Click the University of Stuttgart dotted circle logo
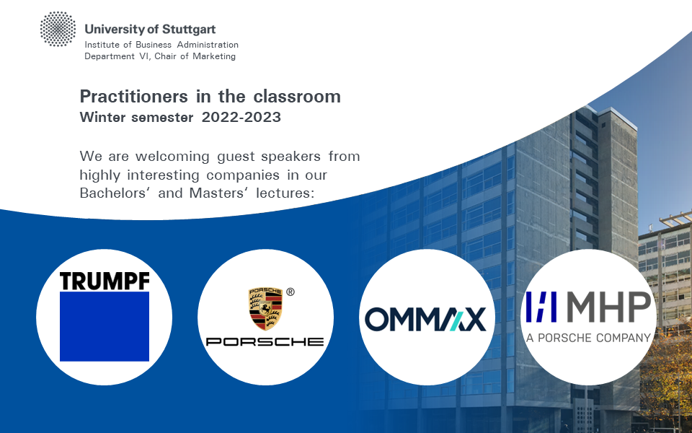[x=58, y=29]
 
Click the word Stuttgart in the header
[x=189, y=30]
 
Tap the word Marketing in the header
[x=214, y=56]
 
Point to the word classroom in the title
[x=297, y=96]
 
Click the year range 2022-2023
[x=241, y=117]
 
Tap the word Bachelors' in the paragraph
[x=115, y=193]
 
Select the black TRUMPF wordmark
[x=105, y=281]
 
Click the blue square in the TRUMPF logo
[x=105, y=326]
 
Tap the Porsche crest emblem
[x=265, y=309]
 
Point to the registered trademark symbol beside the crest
[x=290, y=292]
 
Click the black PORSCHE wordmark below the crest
[x=265, y=341]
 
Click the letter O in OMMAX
[x=376, y=320]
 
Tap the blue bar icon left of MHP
[x=541, y=307]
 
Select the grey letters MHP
[x=609, y=307]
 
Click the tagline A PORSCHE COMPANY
[x=588, y=338]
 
